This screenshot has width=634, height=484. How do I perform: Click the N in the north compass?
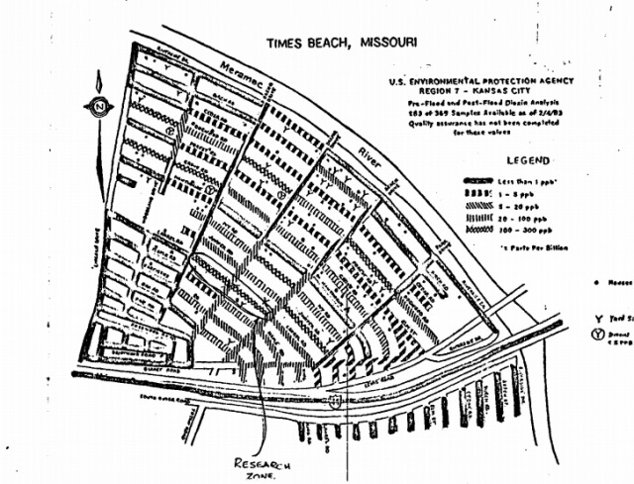pos(99,107)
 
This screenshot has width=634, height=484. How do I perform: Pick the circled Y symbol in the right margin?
pos(601,333)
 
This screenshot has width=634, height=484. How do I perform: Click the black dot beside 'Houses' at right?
pos(598,281)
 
